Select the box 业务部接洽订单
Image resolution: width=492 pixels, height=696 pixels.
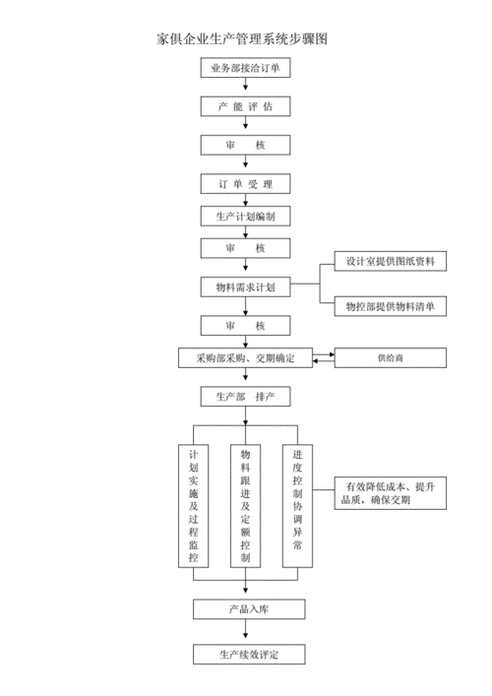coord(245,68)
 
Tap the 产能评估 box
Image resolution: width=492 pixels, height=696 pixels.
coord(245,105)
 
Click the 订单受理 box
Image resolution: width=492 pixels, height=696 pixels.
coord(245,184)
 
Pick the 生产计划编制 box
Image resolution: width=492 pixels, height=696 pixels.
coord(245,216)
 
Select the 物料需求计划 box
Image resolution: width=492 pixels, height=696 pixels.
coord(245,286)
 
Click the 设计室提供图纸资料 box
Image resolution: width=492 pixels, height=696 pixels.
coord(389,261)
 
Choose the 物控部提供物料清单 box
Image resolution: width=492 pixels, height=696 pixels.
coord(389,307)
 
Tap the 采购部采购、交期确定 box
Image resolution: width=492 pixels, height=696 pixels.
coord(245,357)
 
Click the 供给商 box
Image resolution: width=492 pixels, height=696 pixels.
coord(390,358)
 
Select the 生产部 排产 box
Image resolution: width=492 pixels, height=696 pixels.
coord(245,396)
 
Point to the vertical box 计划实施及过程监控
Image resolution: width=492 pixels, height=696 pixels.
coord(193,505)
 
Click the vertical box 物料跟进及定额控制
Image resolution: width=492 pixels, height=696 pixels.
coord(245,505)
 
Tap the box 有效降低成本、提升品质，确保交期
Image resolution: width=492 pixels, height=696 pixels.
coord(390,492)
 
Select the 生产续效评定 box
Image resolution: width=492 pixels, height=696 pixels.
coord(245,655)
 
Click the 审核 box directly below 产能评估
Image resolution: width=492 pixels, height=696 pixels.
coord(245,145)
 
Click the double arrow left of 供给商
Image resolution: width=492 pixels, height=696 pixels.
coord(324,358)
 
